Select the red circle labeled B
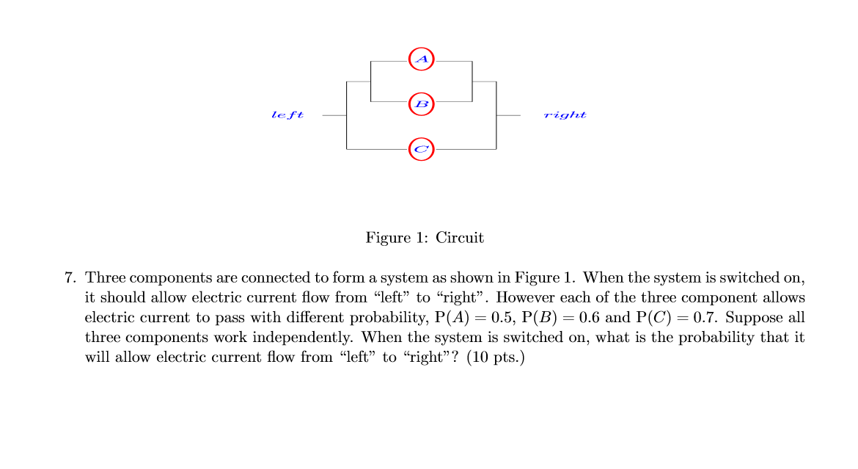(x=422, y=104)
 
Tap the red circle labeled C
(x=422, y=149)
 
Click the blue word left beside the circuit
(x=287, y=115)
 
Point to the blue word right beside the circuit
(x=565, y=115)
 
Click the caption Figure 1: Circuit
(x=425, y=238)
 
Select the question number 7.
(x=70, y=278)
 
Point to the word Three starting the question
(x=106, y=278)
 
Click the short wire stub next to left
(x=334, y=115)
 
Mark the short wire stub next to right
(x=509, y=115)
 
